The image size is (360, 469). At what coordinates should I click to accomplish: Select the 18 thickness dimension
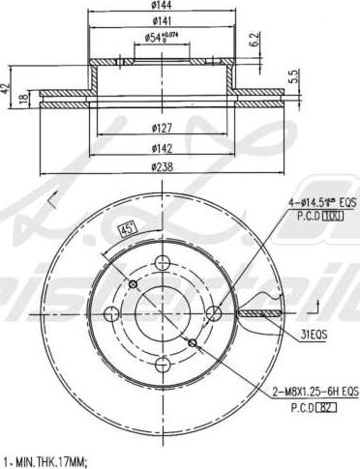pyautogui.click(x=26, y=103)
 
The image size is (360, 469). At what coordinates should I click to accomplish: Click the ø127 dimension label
pyautogui.click(x=162, y=130)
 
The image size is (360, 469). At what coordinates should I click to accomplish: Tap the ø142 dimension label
pyautogui.click(x=162, y=148)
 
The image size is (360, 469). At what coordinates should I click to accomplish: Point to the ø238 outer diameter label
pyautogui.click(x=162, y=167)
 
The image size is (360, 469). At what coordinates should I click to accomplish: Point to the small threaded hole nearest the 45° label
pyautogui.click(x=134, y=282)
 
